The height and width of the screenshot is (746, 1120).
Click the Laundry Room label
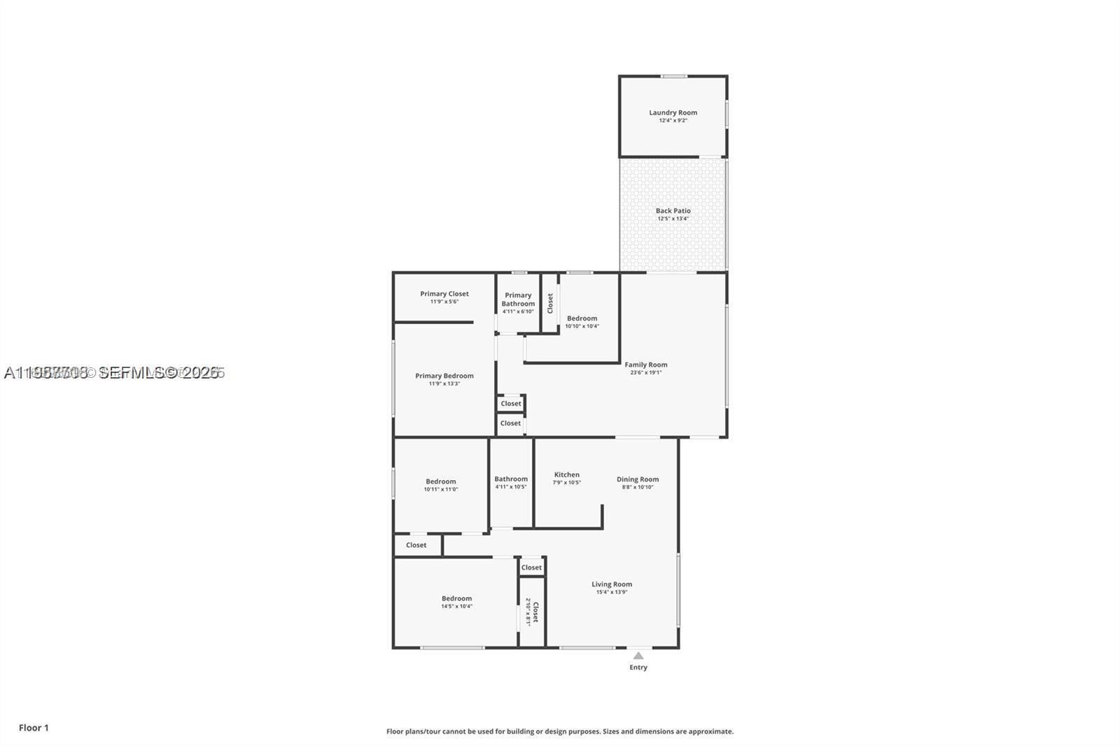673,113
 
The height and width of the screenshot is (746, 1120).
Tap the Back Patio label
673,211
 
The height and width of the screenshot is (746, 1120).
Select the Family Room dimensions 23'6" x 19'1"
645,372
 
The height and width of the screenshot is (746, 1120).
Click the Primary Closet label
444,294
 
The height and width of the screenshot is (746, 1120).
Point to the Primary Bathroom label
518,300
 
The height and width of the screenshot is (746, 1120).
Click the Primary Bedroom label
444,376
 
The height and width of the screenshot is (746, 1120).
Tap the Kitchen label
566,474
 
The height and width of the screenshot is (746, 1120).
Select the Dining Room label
637,479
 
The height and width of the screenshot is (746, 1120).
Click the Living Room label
611,584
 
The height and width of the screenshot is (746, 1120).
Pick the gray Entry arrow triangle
638,656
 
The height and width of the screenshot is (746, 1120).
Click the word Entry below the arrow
638,668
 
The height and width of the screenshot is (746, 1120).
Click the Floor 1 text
34,728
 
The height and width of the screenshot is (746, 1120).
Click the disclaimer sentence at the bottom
560,731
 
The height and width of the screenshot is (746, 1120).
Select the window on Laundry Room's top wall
673,76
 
